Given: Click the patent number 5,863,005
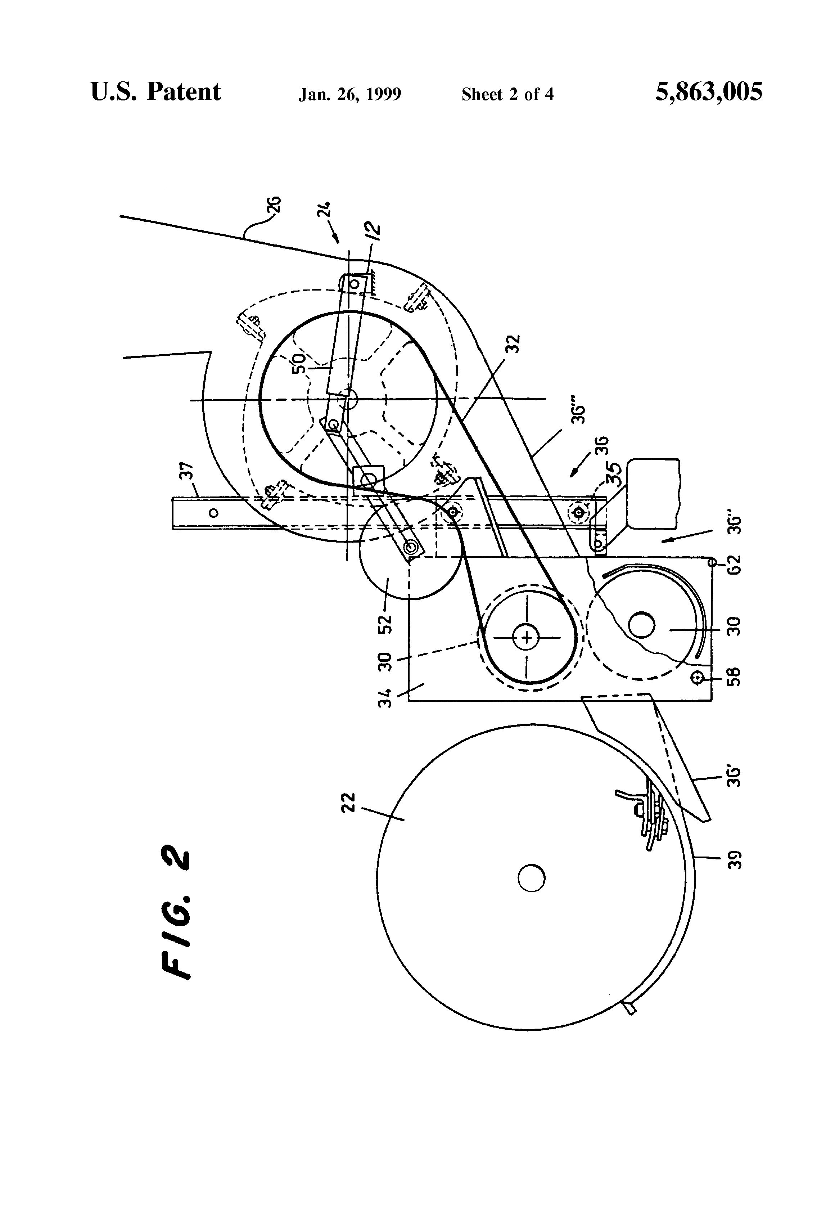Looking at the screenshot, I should [708, 92].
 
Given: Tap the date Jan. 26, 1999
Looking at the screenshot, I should [349, 94].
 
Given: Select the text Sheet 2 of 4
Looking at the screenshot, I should [507, 94].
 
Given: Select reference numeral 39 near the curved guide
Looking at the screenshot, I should [734, 859].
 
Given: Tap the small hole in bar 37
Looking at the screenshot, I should [213, 513].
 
